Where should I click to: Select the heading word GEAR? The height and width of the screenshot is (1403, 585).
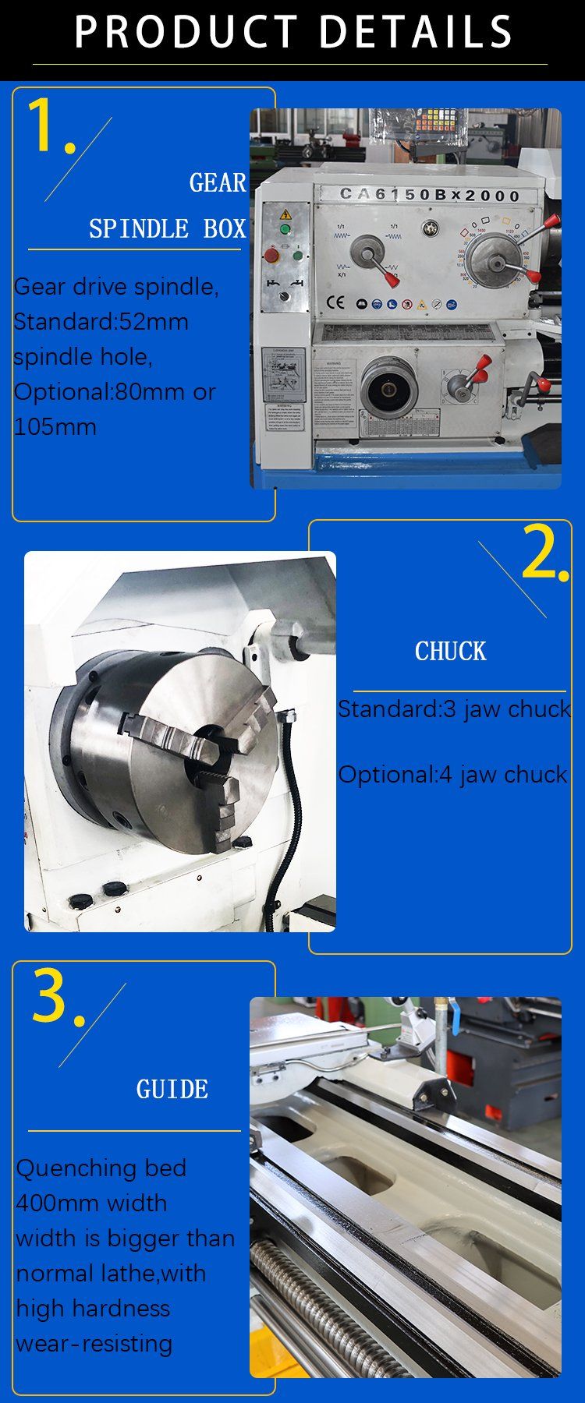[x=218, y=183]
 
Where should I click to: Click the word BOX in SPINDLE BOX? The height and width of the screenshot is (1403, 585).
[x=225, y=229]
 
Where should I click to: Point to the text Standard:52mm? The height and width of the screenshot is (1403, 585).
[x=101, y=322]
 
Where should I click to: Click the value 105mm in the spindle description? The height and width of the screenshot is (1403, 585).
[x=55, y=427]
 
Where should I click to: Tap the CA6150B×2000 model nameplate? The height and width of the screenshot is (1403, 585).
[x=429, y=195]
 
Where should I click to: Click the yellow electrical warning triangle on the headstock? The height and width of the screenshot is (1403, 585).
[x=285, y=214]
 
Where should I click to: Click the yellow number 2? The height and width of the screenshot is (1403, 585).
[x=544, y=553]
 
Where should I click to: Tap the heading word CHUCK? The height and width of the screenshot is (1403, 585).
[x=450, y=652]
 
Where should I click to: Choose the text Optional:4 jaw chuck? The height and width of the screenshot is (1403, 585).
[x=452, y=775]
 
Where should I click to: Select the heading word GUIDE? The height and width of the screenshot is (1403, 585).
[x=172, y=1090]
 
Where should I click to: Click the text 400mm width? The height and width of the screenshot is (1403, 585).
[x=91, y=1203]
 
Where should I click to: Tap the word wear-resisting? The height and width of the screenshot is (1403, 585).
[x=94, y=1343]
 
